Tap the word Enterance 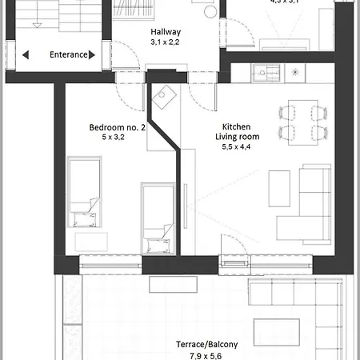pos(69,55)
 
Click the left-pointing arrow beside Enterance pos(26,55)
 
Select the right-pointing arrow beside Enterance pos(93,55)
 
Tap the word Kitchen pos(237,126)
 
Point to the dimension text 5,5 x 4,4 pos(237,147)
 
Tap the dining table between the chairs pos(302,120)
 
